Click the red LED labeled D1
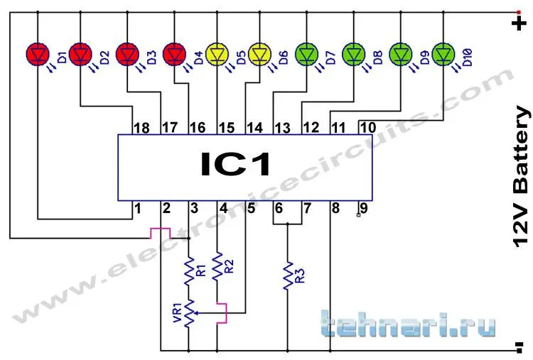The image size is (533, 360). coord(38,54)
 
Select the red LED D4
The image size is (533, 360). coord(174,54)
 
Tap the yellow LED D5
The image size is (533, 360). coord(217,54)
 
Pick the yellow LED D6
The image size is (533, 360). coord(260,54)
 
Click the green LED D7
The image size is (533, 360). coord(306,54)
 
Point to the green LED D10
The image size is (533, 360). coord(443,54)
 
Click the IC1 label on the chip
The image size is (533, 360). coord(235,164)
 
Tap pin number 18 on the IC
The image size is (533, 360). coord(141,128)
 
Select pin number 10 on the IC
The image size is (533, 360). coord(367,128)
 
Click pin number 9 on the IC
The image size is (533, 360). coord(364,207)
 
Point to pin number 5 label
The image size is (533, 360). coord(251,208)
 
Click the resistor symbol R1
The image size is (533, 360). coord(189,271)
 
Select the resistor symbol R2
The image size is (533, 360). coord(217,266)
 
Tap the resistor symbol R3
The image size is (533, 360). coord(288,276)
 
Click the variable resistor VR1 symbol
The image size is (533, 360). coord(189,313)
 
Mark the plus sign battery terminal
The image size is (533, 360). coord(519,23)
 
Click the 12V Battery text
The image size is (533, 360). coord(521,177)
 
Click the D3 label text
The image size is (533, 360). coord(151,58)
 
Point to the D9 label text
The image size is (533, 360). coord(424,58)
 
